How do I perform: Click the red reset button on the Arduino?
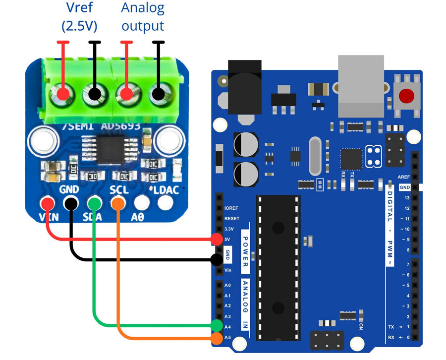(407, 96)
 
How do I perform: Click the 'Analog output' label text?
(143, 17)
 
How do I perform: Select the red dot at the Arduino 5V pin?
(217, 240)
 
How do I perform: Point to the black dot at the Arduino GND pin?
(217, 259)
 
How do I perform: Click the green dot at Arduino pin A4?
(217, 326)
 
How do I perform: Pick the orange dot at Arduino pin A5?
(217, 339)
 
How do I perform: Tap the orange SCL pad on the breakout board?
(118, 203)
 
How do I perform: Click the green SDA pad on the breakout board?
(94, 203)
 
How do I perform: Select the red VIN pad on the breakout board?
(48, 203)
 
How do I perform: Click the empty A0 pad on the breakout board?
(142, 203)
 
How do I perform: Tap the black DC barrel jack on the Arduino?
(244, 89)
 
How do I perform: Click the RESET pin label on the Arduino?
(231, 218)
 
